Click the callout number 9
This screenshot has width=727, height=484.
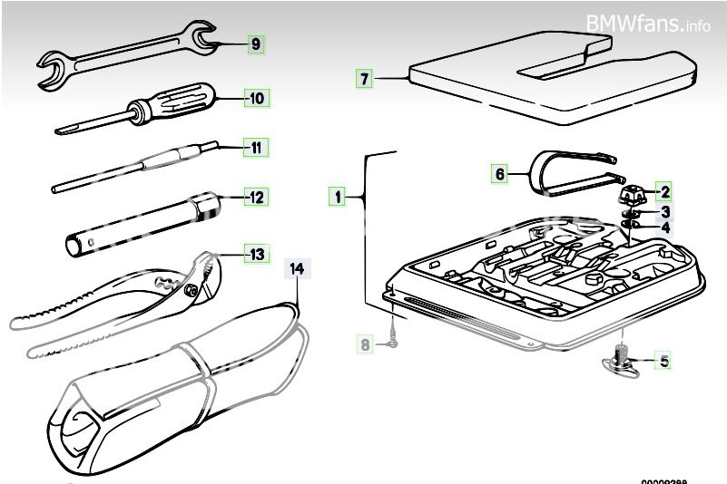(x=255, y=44)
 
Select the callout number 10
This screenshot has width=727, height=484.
(x=256, y=97)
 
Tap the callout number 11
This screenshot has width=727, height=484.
(x=256, y=147)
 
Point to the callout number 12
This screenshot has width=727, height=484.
(x=256, y=196)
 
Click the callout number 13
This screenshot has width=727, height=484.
(x=256, y=254)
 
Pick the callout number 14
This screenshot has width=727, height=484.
(x=297, y=268)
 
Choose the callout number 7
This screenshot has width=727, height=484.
(x=364, y=79)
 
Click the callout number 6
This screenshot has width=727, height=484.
(x=499, y=172)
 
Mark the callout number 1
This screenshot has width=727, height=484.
(x=338, y=195)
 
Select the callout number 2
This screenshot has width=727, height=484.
(x=664, y=191)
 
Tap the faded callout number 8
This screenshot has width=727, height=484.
(x=365, y=344)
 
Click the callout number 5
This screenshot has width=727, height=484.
(x=664, y=362)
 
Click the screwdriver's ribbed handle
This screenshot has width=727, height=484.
(x=188, y=94)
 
